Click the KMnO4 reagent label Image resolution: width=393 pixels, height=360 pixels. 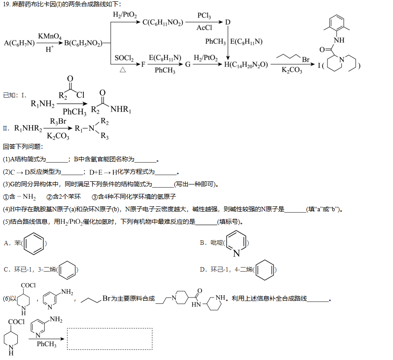tap(50, 36)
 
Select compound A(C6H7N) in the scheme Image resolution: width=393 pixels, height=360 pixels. tap(19, 43)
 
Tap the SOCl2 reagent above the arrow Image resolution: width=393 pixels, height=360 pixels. tap(124, 58)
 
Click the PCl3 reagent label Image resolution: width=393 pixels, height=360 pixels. tap(204, 16)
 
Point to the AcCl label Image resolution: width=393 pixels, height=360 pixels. tap(204, 28)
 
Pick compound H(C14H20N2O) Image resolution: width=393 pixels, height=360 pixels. tap(246, 65)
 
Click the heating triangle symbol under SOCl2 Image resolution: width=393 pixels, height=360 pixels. tap(123, 70)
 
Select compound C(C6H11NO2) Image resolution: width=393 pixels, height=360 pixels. tap(163, 23)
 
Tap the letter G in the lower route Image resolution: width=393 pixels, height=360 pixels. tap(188, 65)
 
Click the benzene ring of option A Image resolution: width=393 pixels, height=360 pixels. tap(33, 243)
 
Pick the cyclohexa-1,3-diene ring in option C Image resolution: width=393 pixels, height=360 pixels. tap(67, 270)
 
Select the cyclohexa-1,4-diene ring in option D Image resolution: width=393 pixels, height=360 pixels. tap(265, 270)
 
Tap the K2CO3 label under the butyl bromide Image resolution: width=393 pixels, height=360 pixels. tap(292, 70)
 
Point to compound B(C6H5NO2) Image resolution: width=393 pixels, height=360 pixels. tap(83, 43)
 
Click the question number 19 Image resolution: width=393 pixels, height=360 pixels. tap(7, 4)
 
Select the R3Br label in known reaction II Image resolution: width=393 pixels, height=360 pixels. tap(58, 121)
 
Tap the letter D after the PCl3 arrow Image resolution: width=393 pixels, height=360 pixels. tap(228, 22)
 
